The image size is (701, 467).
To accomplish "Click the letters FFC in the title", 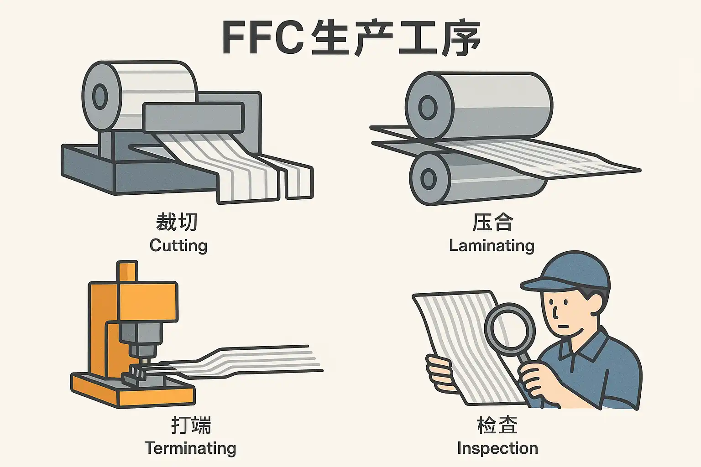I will (262, 37).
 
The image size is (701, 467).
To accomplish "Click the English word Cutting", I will (178, 245).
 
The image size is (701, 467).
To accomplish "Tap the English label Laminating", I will (492, 245).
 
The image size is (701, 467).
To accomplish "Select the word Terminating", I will (190, 448).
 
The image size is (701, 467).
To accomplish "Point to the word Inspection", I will (497, 448).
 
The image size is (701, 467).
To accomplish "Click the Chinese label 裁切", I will (177, 223).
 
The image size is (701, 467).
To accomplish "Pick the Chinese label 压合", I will (492, 223).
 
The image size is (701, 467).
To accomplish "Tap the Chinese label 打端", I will (191, 425).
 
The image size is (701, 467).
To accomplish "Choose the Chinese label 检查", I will (497, 425).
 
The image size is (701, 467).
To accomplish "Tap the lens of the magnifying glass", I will (510, 330).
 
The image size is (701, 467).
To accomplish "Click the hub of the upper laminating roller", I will (428, 108).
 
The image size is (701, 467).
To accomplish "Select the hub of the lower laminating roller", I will (428, 178).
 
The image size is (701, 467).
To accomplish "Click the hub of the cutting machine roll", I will (99, 96).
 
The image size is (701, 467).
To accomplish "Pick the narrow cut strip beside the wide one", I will (299, 182).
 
